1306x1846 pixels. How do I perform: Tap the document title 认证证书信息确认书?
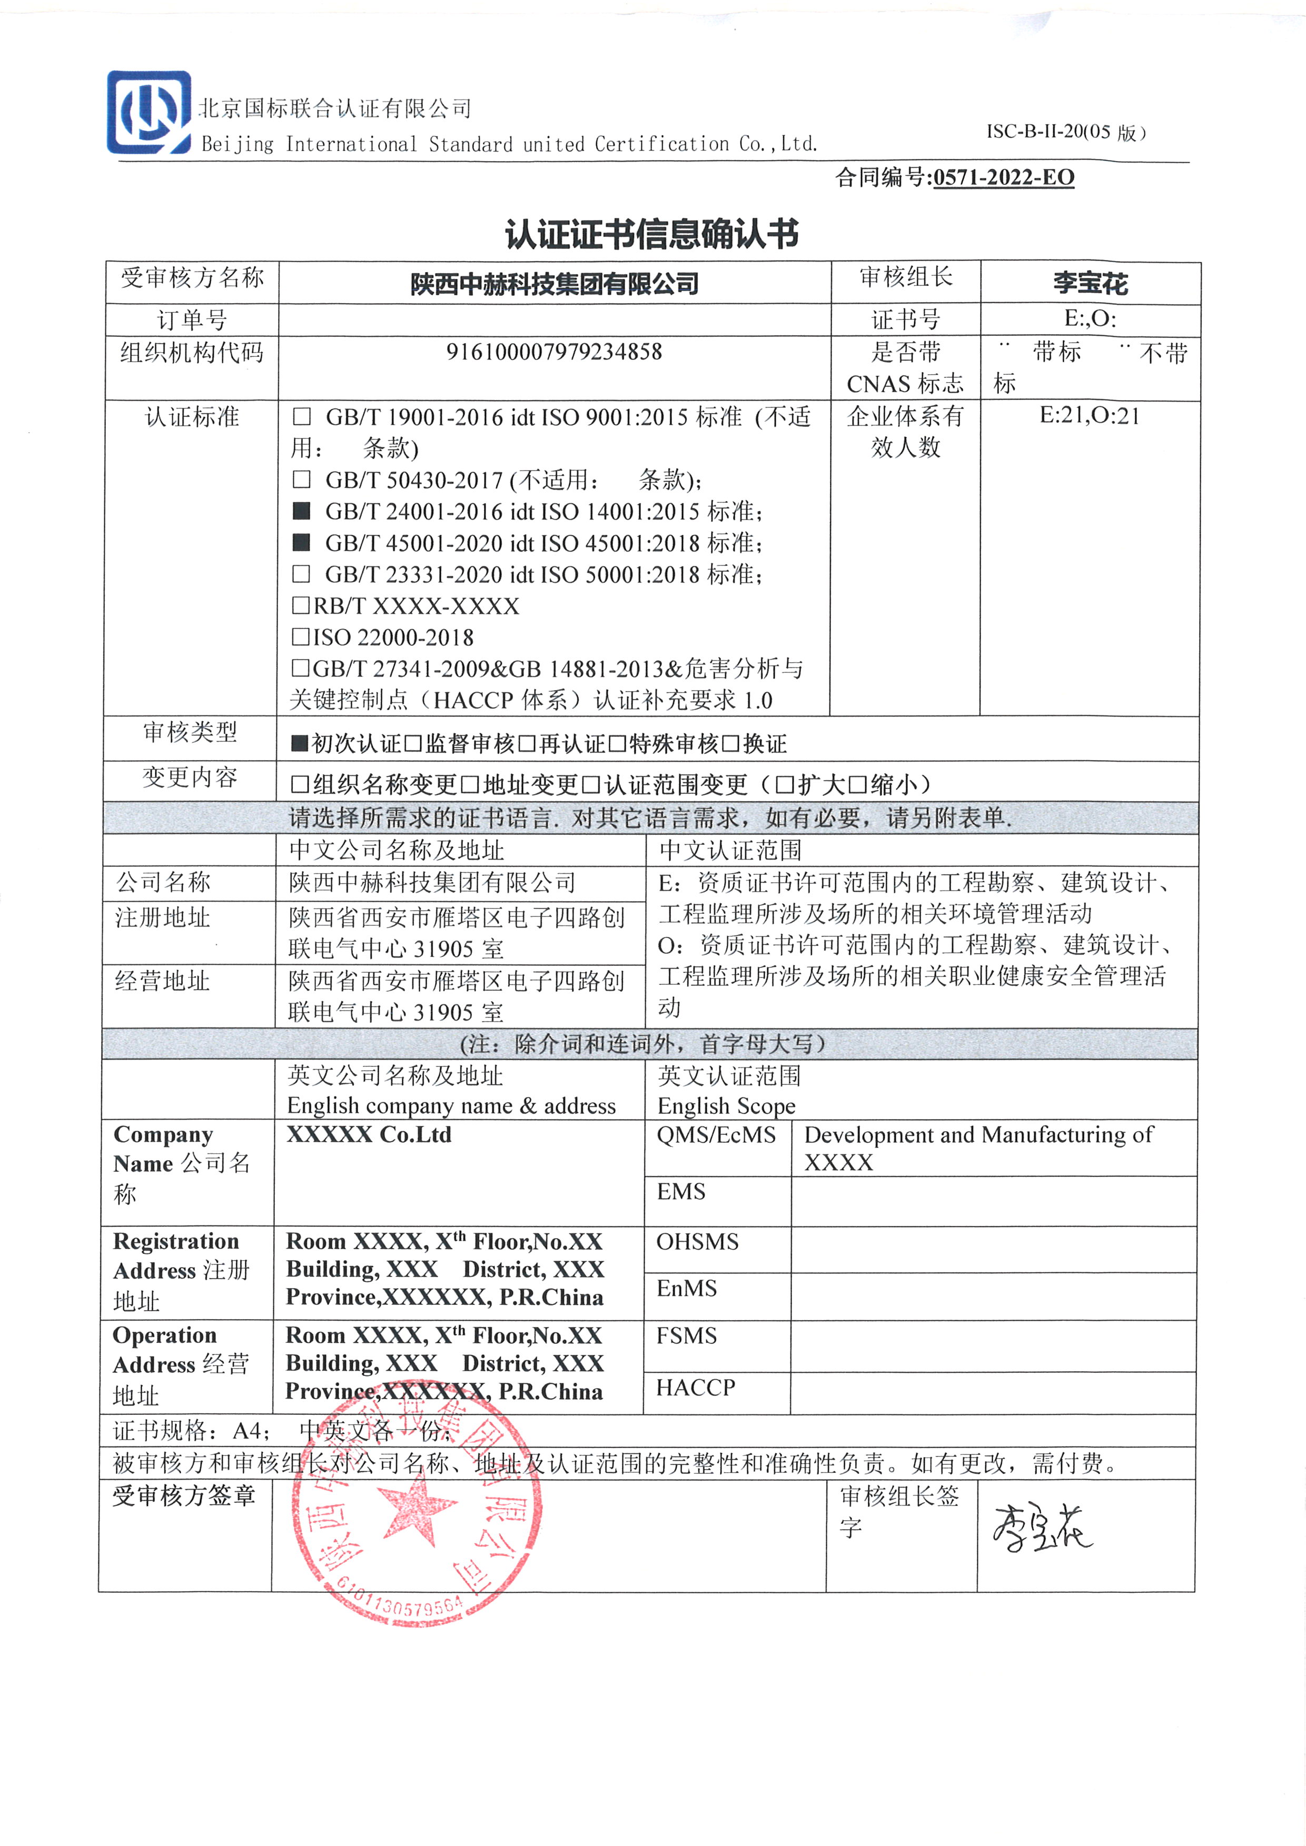651,234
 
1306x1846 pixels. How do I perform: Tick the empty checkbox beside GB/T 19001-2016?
302,416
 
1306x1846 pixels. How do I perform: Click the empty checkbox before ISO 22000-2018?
301,637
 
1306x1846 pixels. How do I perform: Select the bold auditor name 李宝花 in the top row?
1091,283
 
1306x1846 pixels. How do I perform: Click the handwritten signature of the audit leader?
1042,1527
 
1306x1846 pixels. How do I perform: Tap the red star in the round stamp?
416,1508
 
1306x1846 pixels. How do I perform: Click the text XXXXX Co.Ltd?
369,1134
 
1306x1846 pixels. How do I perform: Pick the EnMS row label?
686,1289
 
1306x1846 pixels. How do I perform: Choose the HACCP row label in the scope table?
696,1388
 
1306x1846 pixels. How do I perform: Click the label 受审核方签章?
184,1495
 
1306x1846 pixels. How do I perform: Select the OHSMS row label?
697,1242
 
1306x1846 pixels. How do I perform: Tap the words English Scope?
726,1106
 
